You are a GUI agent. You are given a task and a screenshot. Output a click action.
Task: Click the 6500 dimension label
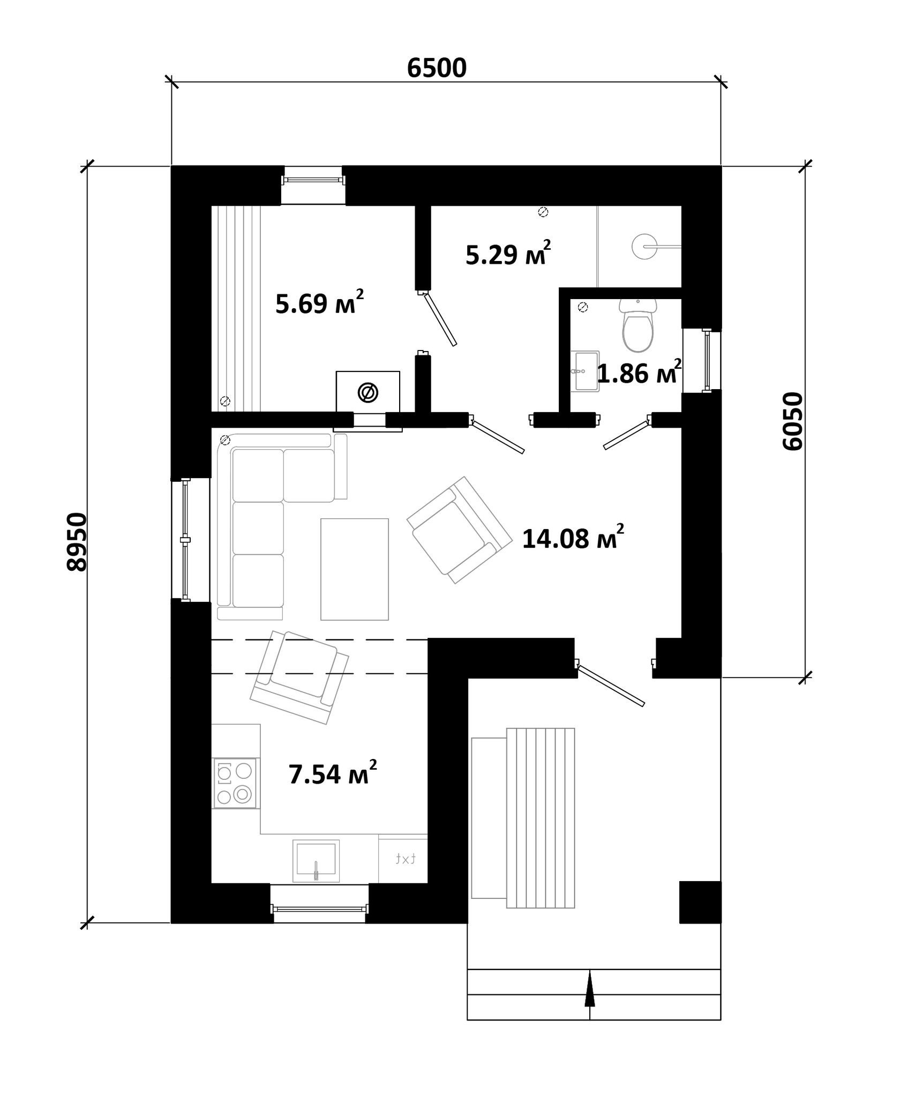[437, 68]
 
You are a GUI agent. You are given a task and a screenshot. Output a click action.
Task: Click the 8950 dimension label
[77, 542]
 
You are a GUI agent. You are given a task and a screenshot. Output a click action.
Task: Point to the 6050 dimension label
[793, 421]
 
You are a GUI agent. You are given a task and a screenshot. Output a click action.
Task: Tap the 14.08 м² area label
[573, 538]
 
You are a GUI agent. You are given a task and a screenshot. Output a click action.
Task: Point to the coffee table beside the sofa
[355, 569]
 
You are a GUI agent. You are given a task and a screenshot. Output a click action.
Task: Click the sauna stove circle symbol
[368, 392]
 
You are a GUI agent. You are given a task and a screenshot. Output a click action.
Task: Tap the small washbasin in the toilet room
[585, 371]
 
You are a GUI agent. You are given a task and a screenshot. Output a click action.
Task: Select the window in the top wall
[313, 180]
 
